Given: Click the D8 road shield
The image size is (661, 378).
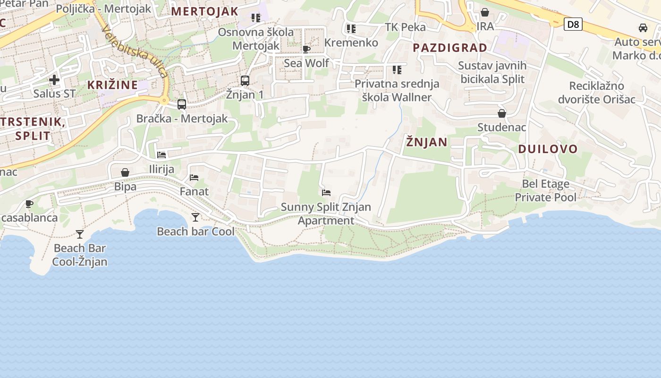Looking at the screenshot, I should coord(573,24).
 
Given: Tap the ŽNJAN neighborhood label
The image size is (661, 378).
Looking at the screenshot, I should coord(427,142).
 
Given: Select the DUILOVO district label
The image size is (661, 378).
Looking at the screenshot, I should coord(548,149).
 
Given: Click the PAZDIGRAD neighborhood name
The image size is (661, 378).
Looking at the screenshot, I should coord(450,48).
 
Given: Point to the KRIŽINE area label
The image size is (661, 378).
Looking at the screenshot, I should coord(112,85).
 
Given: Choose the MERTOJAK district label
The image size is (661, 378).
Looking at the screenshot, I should coord(204,11).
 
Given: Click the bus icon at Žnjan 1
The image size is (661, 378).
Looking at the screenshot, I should coord(245,81).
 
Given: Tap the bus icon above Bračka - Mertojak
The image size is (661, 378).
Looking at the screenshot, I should coord(182,104).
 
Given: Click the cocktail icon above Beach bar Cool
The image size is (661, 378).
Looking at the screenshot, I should coord(195,217).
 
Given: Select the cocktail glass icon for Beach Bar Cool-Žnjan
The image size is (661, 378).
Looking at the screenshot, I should coord(80,234).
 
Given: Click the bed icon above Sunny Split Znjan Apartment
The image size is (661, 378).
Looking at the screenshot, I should coord(326,193).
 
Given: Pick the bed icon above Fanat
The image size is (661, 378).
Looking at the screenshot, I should coord(194,178).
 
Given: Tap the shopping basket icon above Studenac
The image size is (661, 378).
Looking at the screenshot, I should coord(501,113).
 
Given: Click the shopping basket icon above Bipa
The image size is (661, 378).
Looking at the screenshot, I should coord(125,172).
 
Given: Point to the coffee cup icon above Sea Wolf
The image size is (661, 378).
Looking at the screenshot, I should coord(306,49).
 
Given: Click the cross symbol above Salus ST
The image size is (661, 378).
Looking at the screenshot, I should coord(54,79).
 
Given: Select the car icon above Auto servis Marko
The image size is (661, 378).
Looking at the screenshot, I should coord(643,28).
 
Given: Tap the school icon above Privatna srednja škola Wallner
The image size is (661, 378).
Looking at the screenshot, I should coord(397,70).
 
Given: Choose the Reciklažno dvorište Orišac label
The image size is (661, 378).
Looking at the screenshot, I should coord(597,93).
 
